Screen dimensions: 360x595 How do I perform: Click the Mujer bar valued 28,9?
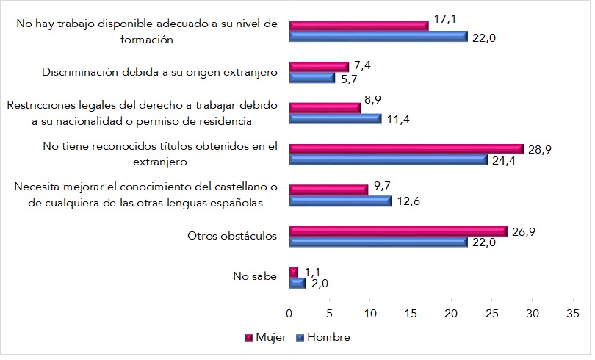pos(406,148)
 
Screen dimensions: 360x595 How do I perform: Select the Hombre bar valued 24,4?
pos(388,159)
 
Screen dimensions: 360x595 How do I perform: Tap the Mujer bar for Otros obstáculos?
pos(398,231)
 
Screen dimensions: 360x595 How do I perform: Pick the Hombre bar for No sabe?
pos(297,283)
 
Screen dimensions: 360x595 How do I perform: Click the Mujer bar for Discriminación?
pos(319,66)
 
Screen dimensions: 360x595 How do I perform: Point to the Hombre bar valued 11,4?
pos(335,118)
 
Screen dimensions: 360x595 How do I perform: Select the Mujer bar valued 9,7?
pos(328,190)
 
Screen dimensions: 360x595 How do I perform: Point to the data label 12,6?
pos(410,201)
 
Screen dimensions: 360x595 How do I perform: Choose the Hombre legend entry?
pos(322,337)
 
